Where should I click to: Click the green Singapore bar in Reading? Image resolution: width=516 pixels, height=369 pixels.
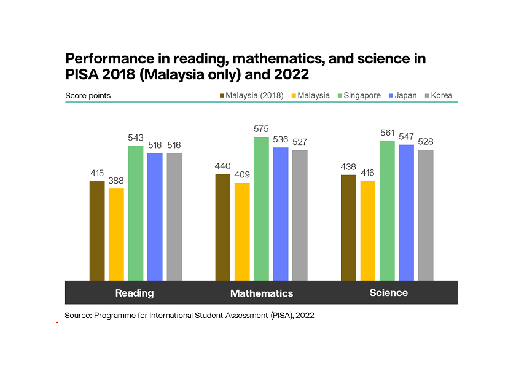136,212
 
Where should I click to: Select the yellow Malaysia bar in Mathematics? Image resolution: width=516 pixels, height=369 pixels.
242,231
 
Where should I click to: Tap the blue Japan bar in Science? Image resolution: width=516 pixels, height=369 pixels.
407,212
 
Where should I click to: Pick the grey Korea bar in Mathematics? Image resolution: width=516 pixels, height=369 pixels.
300,215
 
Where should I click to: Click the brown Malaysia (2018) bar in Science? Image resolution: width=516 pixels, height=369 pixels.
348,227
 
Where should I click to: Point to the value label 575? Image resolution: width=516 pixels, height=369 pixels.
262,130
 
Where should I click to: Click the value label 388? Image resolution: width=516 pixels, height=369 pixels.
116,181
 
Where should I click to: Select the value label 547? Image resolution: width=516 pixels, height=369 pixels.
407,137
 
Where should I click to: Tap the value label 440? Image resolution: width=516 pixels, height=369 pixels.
223,166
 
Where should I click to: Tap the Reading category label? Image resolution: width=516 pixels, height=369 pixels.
135,293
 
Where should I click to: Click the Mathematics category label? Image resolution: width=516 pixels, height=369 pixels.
262,293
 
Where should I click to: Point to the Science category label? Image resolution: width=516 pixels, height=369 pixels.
388,293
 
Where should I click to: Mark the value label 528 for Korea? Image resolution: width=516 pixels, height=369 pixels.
426,142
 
